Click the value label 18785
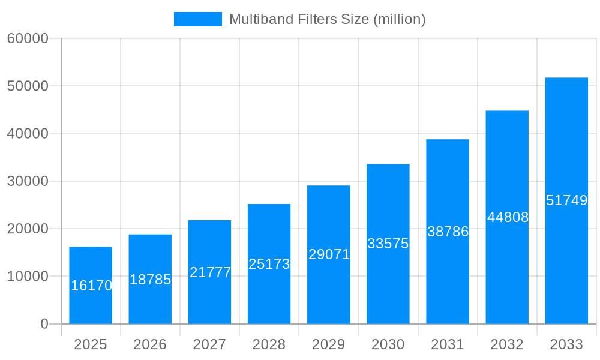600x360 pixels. (151, 280)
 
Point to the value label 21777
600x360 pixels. (210, 272)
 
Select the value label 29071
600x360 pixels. (329, 254)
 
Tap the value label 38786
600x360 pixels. (448, 232)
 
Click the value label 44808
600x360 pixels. (508, 217)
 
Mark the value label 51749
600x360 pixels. (566, 200)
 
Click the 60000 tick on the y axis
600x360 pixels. (28, 38)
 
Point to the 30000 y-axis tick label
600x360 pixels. (28, 181)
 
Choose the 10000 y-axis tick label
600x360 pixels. (28, 277)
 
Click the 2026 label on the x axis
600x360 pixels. (150, 344)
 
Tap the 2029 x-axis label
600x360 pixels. (329, 344)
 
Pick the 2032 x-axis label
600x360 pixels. (507, 344)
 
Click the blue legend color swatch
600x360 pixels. (197, 19)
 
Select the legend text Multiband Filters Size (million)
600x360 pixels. (328, 19)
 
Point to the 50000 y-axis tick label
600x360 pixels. (28, 86)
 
